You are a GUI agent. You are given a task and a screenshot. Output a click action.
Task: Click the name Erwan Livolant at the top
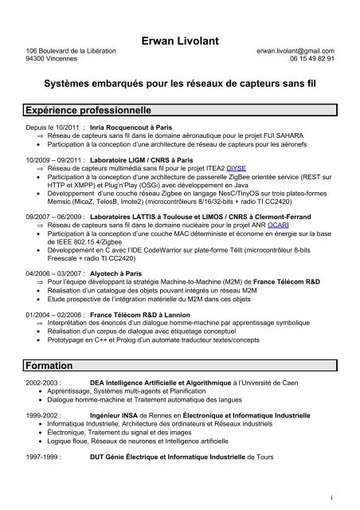coord(179,38)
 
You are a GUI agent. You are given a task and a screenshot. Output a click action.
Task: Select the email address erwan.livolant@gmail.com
coord(294,50)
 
